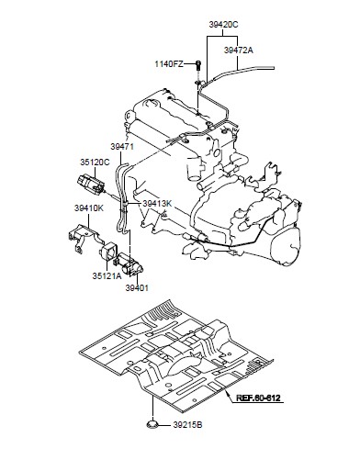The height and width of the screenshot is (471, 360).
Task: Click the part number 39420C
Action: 223,25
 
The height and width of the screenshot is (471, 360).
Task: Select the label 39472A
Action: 239,50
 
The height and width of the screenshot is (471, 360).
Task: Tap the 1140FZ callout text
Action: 169,64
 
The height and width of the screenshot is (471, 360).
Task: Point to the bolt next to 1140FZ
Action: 199,65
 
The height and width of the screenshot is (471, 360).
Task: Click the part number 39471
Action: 122,147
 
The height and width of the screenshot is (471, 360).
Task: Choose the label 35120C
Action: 95,163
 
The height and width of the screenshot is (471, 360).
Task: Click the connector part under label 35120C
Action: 91,185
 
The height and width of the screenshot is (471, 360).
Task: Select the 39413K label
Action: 157,203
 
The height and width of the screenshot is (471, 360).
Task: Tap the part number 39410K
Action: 89,208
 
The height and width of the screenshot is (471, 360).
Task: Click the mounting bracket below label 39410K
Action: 84,237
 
